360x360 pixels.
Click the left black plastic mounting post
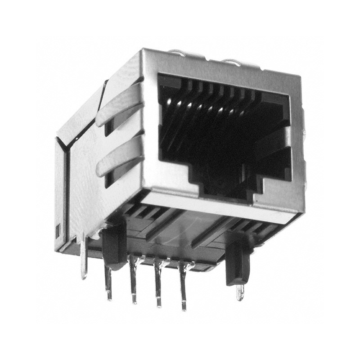point(114,245)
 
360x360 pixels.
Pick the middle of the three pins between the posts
point(158,283)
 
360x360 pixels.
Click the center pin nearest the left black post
point(133,281)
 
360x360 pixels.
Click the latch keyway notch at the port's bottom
point(225,189)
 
